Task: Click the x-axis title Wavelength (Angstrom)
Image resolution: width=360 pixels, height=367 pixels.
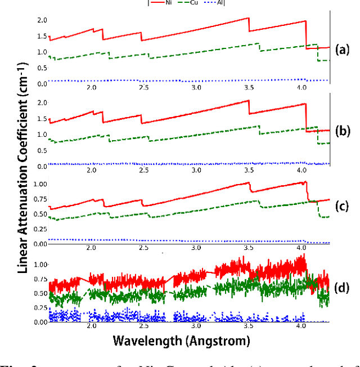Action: [181, 341]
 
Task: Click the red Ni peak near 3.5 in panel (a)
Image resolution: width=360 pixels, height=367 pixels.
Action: [248, 19]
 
